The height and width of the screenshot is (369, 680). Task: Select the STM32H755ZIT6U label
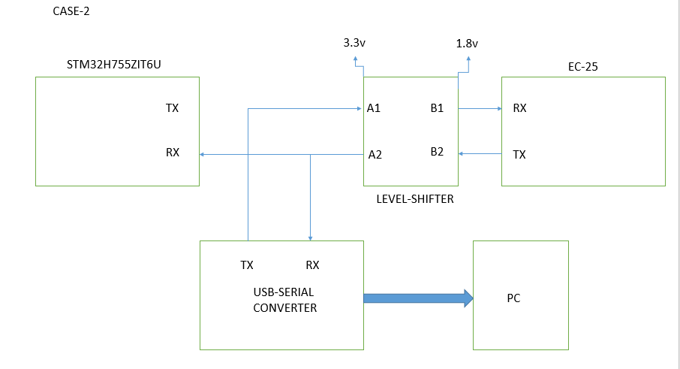[113, 66]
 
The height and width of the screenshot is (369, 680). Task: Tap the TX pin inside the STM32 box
[172, 108]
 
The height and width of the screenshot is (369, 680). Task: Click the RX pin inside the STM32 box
[172, 152]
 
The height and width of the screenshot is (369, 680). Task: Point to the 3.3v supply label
[354, 43]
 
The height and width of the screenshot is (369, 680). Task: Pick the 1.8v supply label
[466, 44]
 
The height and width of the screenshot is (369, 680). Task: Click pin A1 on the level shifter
[374, 108]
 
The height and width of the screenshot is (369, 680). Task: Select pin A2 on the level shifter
[375, 155]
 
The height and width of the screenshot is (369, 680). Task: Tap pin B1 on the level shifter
[437, 108]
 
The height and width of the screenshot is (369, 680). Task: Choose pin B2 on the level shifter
[437, 151]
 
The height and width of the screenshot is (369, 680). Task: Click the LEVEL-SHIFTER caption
[415, 200]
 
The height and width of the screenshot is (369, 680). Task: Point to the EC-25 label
[582, 66]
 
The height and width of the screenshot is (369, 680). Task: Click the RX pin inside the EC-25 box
[519, 108]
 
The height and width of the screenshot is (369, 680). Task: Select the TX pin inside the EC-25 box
[519, 155]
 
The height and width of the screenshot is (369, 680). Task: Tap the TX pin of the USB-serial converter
[247, 265]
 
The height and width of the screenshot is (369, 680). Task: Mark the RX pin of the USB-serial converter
[312, 265]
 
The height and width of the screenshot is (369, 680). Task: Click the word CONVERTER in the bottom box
[284, 308]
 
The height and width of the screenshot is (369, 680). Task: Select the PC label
[513, 298]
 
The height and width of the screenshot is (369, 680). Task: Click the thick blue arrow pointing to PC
[418, 298]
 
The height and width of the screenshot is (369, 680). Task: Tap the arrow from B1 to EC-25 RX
[480, 108]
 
